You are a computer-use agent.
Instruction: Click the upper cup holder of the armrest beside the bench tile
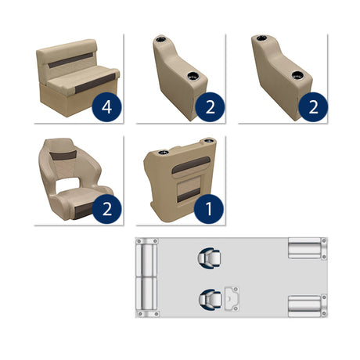pos(165,41)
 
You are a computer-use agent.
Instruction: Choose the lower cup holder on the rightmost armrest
pos(298,77)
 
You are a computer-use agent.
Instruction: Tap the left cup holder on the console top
pos(165,151)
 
